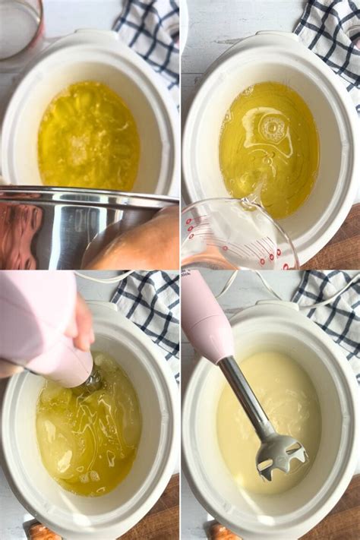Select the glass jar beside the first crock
[x=19, y=27]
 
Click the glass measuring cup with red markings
[x=235, y=235]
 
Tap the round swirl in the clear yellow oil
[x=271, y=129]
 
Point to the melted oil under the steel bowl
[x=87, y=137]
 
